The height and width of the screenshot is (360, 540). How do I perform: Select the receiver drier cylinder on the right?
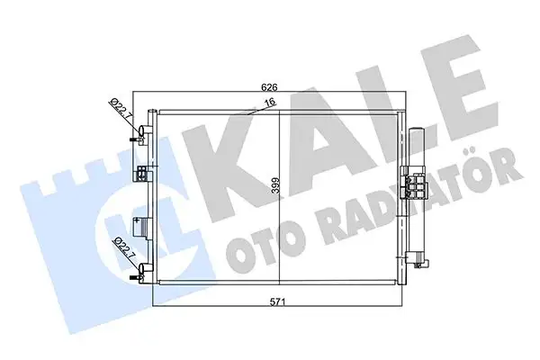(417, 193)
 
